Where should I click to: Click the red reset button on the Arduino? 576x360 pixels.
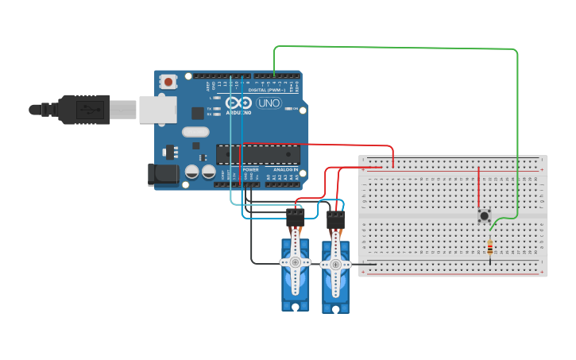168,81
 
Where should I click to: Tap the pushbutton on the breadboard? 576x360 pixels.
483,216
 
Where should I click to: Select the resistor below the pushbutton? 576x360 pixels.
490,247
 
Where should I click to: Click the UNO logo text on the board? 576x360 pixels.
269,103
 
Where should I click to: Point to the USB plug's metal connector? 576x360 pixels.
156,110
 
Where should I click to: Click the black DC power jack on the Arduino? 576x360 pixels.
161,175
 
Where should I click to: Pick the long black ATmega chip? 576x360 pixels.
257,155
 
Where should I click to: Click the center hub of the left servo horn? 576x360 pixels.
296,261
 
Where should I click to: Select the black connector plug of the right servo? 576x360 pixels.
335,218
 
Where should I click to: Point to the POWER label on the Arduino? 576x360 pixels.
250,170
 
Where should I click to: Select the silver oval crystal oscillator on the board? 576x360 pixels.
195,132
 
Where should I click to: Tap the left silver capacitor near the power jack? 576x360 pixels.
191,171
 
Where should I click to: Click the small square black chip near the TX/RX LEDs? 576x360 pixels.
196,114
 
